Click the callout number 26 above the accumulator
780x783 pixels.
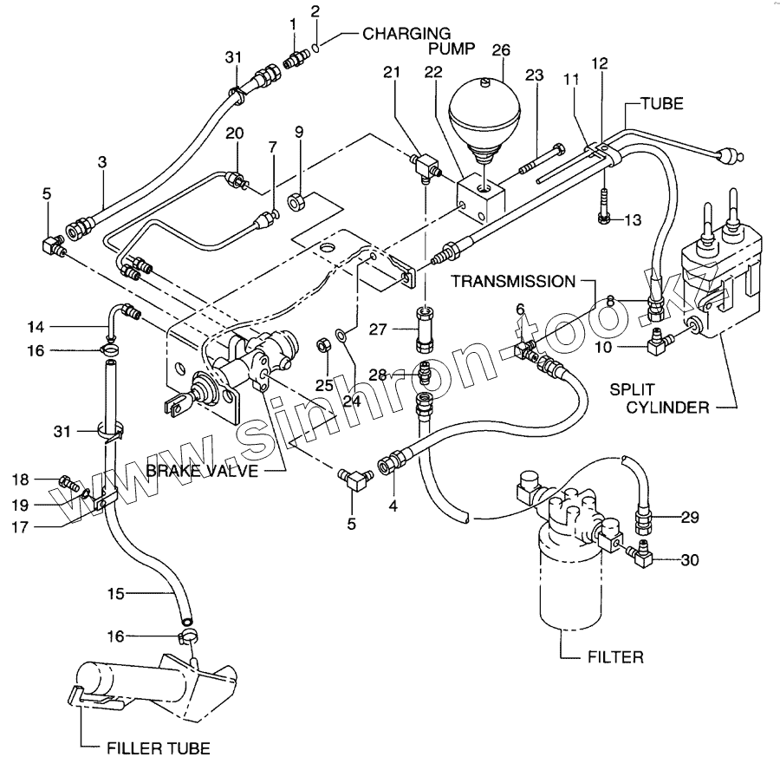point(501,50)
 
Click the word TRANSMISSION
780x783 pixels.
point(514,282)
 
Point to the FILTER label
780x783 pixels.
point(615,657)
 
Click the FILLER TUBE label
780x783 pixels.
point(159,748)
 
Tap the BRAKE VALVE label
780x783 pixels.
point(202,470)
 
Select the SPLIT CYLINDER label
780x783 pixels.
point(660,399)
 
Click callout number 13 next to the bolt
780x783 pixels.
point(633,219)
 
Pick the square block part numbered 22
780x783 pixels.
point(483,199)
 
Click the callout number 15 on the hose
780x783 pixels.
point(115,594)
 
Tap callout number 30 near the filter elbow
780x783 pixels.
point(690,560)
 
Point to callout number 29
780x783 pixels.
point(690,518)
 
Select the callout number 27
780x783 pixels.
point(378,330)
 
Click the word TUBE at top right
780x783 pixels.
point(662,104)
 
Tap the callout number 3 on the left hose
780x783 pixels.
point(102,162)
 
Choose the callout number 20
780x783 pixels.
point(235,134)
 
